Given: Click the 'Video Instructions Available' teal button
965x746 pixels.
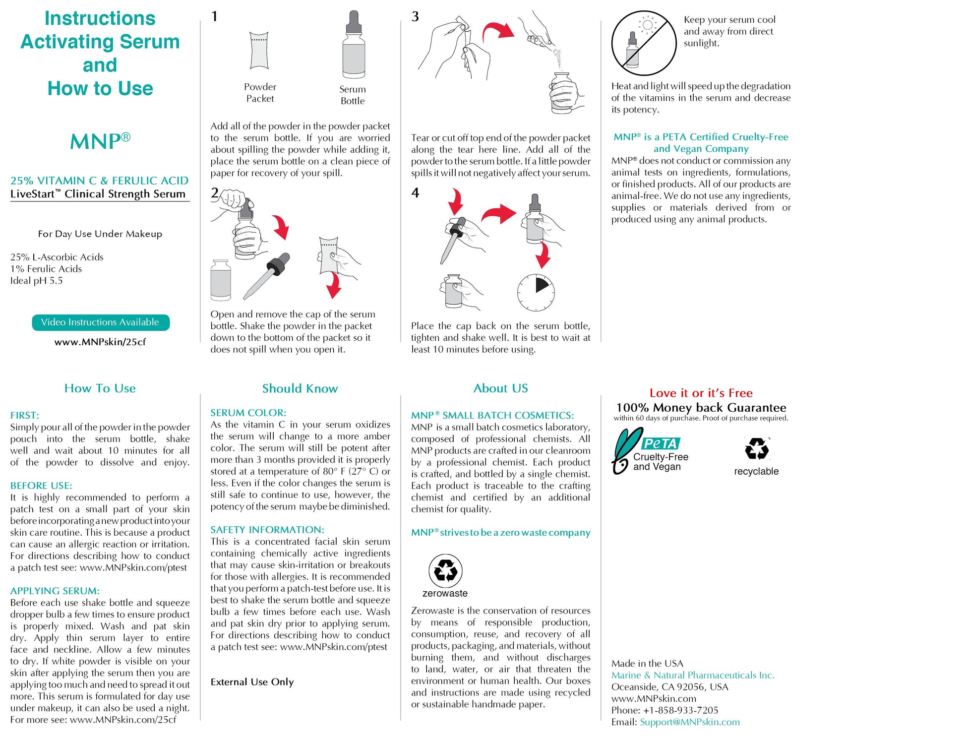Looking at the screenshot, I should pyautogui.click(x=100, y=322).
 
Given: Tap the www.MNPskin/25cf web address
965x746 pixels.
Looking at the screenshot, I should pyautogui.click(x=100, y=342).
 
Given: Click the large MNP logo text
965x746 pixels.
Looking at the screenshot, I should pyautogui.click(x=100, y=141).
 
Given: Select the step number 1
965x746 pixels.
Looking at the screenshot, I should pyautogui.click(x=214, y=16).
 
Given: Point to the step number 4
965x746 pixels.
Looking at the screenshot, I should pyautogui.click(x=415, y=192).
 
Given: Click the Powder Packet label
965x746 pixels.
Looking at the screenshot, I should pyautogui.click(x=260, y=93).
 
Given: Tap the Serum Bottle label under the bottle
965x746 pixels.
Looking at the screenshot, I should pyautogui.click(x=353, y=95).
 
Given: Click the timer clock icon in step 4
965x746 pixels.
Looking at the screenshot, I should pyautogui.click(x=536, y=292).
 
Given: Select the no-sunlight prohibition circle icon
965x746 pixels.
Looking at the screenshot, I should pyautogui.click(x=644, y=43).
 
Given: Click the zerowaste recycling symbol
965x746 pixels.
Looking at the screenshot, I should pyautogui.click(x=445, y=571).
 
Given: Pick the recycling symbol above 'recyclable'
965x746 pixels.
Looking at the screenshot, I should pyautogui.click(x=757, y=449).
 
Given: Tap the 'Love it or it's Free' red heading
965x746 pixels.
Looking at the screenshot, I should pyautogui.click(x=701, y=393).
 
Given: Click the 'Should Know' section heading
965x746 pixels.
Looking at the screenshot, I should pyautogui.click(x=300, y=388).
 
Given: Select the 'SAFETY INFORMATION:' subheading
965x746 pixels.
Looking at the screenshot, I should pyautogui.click(x=267, y=530).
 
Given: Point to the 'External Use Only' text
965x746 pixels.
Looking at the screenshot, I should pyautogui.click(x=252, y=682).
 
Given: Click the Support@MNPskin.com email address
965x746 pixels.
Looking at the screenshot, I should pyautogui.click(x=689, y=722).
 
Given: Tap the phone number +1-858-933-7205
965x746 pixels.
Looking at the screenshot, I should pyautogui.click(x=680, y=710).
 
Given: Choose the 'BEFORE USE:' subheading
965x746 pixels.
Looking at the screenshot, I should pyautogui.click(x=41, y=486).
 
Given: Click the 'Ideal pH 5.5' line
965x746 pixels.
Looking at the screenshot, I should pyautogui.click(x=37, y=281).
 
